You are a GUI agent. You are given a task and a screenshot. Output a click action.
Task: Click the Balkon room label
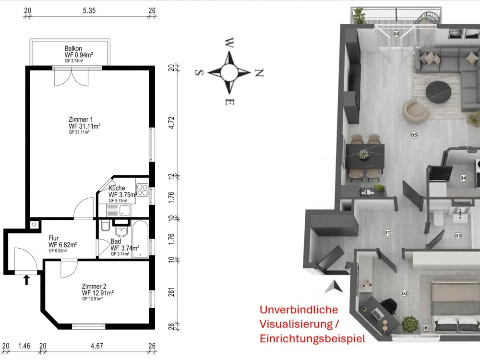pos(73,48)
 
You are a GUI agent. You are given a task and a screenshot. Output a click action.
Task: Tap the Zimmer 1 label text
pos(81,120)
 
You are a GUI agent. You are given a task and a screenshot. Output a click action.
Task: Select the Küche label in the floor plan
pos(117,188)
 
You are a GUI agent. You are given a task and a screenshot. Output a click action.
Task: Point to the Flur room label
pos(53,238)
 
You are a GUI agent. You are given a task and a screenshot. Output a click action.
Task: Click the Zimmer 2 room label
pos(94,286)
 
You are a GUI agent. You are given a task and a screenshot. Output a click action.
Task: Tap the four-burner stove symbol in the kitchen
pos(143,190)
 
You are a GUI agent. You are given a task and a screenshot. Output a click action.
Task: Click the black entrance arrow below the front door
pos(26,280)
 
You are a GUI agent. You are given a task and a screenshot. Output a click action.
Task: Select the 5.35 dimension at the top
pos(89,11)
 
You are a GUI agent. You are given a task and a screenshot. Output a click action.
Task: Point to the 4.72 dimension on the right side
pos(171,122)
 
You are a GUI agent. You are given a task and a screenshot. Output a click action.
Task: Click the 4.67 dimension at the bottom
pos(97,346)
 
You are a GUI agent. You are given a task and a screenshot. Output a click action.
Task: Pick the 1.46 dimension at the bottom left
pos(24,346)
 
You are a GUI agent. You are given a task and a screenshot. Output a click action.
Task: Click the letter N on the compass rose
pos(259,73)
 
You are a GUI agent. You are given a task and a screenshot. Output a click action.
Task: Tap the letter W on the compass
pos(229,43)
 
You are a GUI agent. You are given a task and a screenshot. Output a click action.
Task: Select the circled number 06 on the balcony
pos(396,34)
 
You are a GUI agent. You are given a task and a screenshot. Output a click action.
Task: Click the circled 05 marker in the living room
pos(414,135)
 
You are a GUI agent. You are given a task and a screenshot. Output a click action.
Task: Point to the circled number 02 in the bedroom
pos(404,293)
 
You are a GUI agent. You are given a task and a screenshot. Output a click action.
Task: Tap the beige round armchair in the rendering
pos(415,111)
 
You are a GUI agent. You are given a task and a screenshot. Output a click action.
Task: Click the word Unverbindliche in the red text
pos(299,310)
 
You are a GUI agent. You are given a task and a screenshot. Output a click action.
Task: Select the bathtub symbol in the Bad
pos(141,239)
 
